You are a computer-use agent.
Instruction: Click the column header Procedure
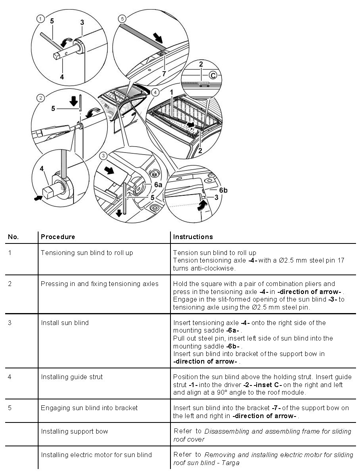[x=58, y=237]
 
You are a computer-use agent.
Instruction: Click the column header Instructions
[x=193, y=237]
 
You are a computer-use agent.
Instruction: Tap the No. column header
[x=13, y=237]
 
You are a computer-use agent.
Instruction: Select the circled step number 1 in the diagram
[x=40, y=18]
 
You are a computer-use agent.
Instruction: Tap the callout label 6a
[x=159, y=185]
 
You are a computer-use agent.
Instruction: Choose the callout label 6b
[x=223, y=191]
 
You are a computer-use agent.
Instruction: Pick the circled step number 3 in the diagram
[x=103, y=155]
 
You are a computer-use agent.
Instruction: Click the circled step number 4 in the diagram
[x=155, y=92]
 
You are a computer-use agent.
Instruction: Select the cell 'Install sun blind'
[x=65, y=323]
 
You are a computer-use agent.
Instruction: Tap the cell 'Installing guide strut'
[x=72, y=377]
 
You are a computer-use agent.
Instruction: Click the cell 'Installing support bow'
[x=74, y=431]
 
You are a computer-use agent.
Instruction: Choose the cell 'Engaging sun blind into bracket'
[x=89, y=408]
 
